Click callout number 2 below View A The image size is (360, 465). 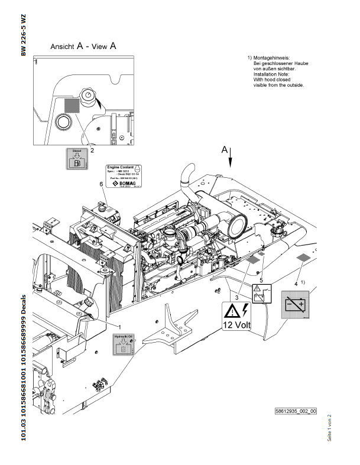(92, 151)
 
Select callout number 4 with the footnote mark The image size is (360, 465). (296, 284)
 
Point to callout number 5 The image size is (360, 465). (261, 279)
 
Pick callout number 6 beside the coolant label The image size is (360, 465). (101, 185)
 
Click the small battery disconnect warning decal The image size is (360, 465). (262, 294)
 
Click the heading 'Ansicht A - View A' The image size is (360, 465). (83, 45)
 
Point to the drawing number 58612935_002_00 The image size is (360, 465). (296, 411)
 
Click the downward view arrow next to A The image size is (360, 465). (231, 160)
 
